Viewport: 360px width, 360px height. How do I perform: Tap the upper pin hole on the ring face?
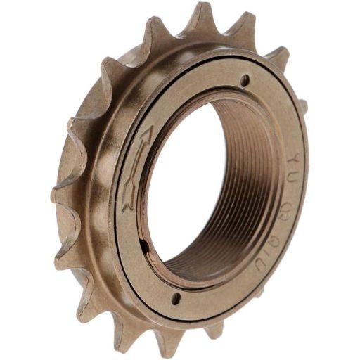[x=245, y=81]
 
